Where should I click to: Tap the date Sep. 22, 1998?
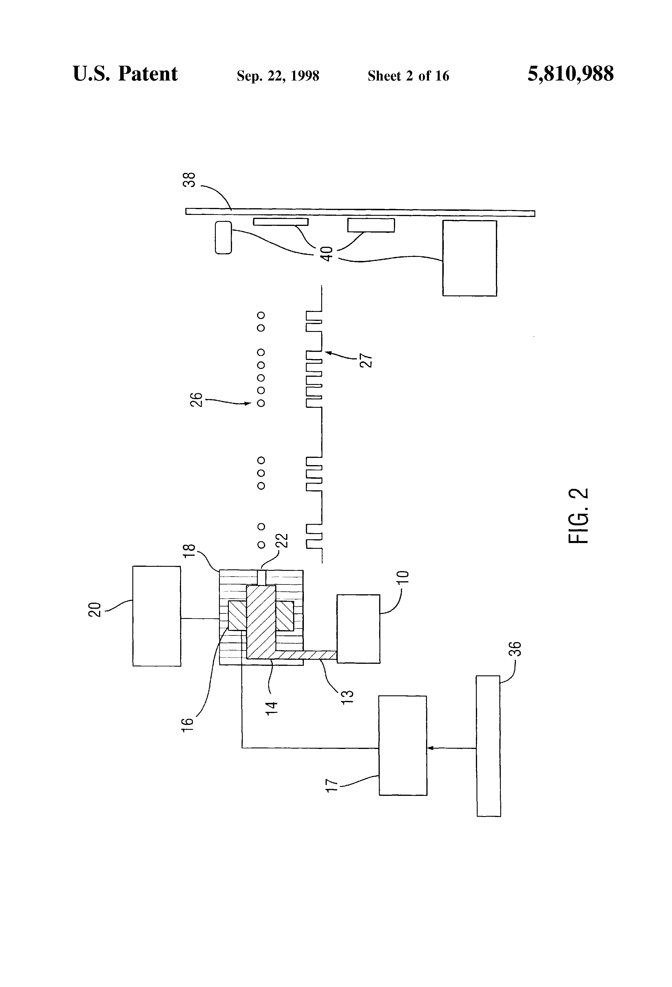point(278,76)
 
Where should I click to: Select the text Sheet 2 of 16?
point(408,76)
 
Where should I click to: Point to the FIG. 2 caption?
point(578,515)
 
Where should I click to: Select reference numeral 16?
point(187,724)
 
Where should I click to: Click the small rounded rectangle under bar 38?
point(223,238)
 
